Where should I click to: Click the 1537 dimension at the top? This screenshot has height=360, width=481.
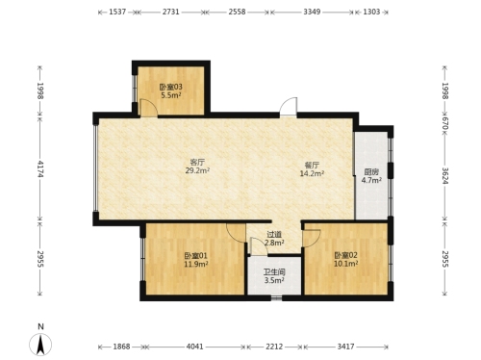point(117,12)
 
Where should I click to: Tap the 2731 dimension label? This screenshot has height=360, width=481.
point(170,12)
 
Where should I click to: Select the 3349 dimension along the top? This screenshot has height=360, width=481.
point(312,12)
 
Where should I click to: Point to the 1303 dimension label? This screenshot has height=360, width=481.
point(371,12)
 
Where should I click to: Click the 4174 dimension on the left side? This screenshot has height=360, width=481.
point(40,168)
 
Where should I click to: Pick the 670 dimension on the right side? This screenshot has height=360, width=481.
point(444,123)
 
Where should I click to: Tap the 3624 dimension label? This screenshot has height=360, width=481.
point(444,176)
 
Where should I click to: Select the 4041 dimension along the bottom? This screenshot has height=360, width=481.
point(195,347)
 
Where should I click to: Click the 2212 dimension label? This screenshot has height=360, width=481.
point(274,347)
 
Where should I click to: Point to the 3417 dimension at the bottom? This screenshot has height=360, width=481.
point(345,347)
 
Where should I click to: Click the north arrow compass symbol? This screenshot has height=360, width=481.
point(40,345)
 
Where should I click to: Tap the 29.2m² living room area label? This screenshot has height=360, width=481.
point(197,170)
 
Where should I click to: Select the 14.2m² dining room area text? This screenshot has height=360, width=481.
point(312,174)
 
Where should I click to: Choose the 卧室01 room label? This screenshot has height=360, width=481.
point(195,256)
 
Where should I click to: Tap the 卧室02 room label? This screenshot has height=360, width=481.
point(345,255)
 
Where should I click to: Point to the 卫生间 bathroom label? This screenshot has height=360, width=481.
point(274,272)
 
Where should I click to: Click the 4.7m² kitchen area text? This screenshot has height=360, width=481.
point(371,180)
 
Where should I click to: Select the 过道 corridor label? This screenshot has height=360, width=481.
point(274,235)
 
